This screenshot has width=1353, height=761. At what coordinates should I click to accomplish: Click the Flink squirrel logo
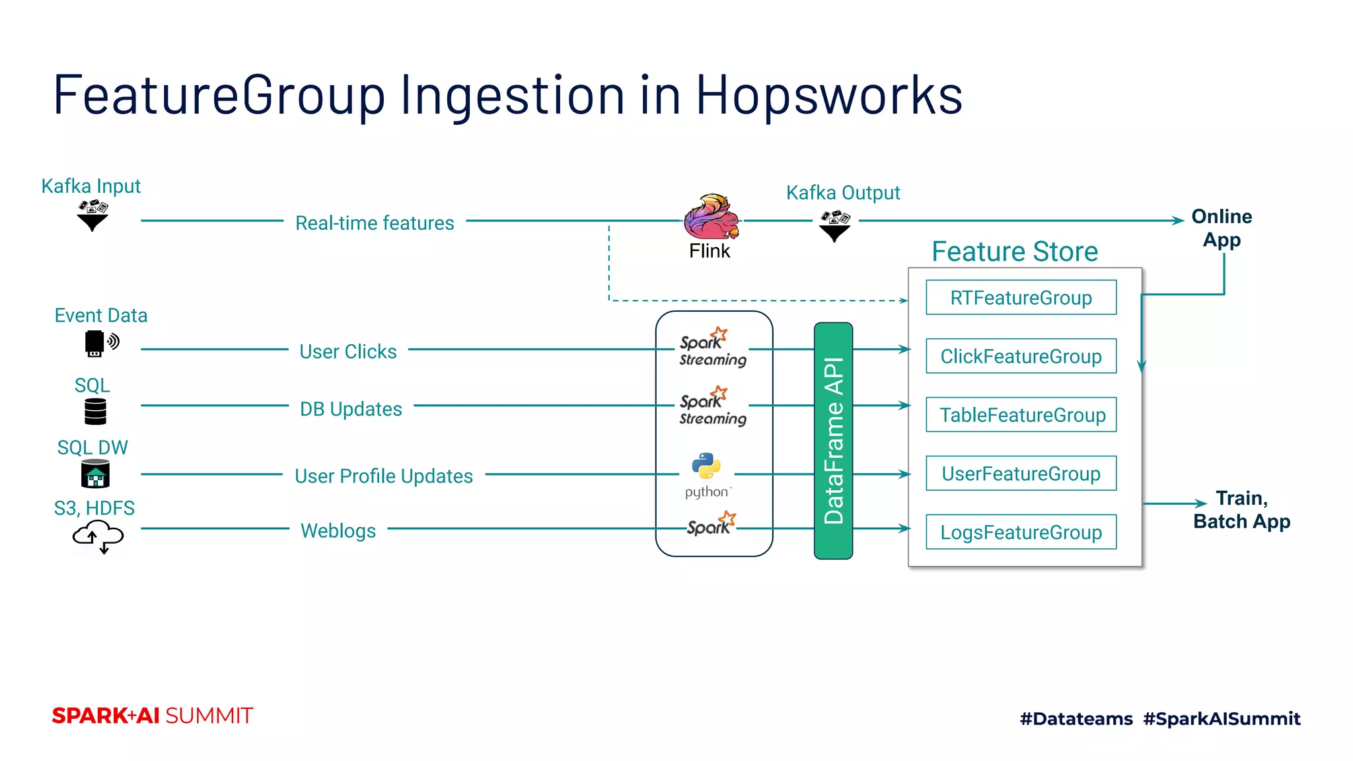coord(710,217)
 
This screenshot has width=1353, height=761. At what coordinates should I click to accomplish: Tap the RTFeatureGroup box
coord(1021,297)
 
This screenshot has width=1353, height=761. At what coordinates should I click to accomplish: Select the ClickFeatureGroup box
coord(1021,356)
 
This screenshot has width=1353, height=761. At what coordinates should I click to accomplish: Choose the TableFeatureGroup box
coord(1021,415)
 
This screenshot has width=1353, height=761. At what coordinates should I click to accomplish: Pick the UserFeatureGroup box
coord(1021,474)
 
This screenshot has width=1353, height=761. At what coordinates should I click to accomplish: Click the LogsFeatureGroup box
coord(1021,532)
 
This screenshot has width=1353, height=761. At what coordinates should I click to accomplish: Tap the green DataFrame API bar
coord(833,441)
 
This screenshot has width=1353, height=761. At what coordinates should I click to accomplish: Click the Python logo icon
coord(706,466)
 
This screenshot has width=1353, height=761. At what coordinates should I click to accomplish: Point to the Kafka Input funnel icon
coord(92,215)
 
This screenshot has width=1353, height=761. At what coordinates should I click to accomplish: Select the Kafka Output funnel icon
coord(834,226)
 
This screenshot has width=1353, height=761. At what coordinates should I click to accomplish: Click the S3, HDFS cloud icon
coord(98,536)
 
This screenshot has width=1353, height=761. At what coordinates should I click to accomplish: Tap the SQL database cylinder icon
coord(95,412)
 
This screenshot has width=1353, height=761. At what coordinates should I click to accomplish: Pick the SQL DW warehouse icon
coord(95,474)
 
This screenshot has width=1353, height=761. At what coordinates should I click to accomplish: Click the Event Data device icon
coord(100,343)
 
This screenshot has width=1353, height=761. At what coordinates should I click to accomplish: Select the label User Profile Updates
coord(383,476)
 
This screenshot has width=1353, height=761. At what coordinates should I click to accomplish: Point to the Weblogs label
coord(338,530)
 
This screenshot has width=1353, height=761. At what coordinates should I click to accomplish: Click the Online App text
coord(1221,228)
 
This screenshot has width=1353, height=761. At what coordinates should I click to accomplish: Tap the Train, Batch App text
coord(1241,509)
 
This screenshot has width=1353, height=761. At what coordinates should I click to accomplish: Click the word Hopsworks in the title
coord(828,95)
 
